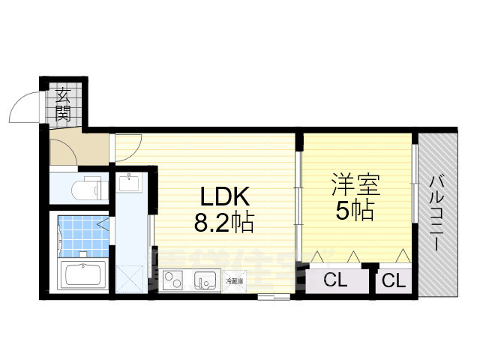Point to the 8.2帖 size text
pyautogui.click(x=223, y=223)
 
